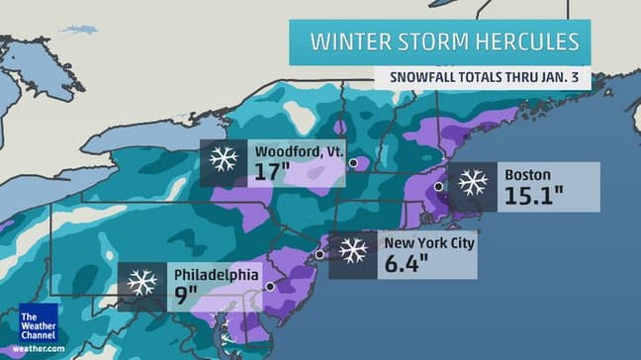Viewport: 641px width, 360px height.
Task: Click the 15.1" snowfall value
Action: coord(535,195)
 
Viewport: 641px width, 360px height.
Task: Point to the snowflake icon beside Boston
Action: coord(472,183)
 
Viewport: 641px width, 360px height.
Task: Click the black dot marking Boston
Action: coord(438,185)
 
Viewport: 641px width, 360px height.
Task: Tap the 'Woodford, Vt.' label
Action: coord(298,151)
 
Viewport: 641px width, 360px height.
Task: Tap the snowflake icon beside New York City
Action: coord(353,250)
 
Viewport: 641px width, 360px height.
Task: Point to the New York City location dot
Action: coord(320,255)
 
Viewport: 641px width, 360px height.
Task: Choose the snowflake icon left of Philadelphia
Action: coord(141,283)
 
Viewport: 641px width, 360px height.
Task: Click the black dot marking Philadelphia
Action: coord(269,287)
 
